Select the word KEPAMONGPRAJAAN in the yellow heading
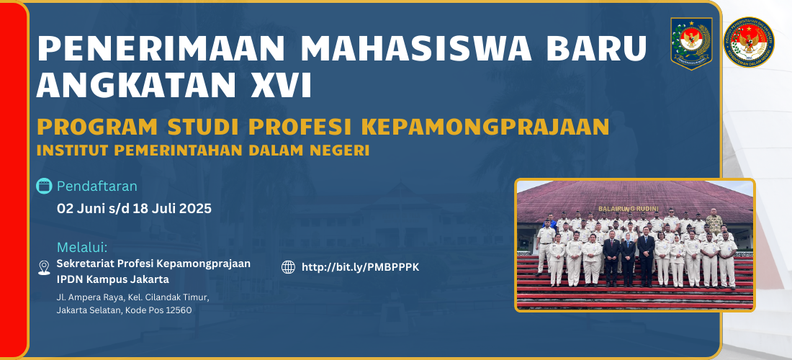pos(486,127)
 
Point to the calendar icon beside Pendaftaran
pos(45,186)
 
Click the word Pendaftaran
pos(97,186)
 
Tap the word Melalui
pos(82,248)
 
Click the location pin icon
pos(44,268)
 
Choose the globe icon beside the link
pos(289,267)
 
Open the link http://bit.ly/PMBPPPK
pos(360,267)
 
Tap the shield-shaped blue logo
pos(691,43)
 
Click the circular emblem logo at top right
pos(749,42)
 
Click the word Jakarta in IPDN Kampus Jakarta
pos(150,279)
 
